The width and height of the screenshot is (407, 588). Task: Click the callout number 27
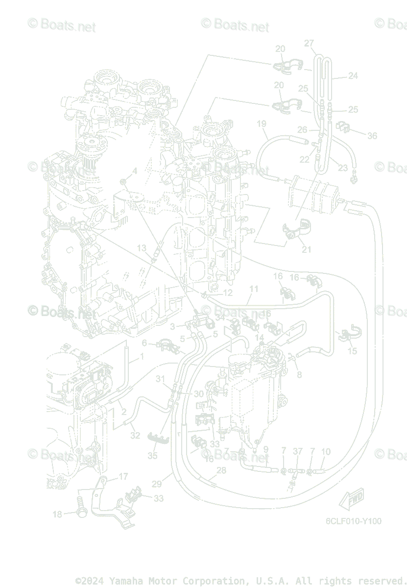tap(309, 43)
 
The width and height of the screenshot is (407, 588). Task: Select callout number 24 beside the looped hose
tap(353, 76)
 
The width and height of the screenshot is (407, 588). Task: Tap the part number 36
tap(372, 136)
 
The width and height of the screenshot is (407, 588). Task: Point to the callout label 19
tap(262, 123)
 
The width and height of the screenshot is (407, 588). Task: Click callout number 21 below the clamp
tap(307, 249)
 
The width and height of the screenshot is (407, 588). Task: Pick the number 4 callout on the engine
tap(134, 171)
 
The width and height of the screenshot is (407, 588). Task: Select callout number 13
tap(142, 248)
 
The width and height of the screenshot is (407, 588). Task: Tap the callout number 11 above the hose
tap(253, 289)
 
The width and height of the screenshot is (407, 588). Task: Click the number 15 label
tap(352, 351)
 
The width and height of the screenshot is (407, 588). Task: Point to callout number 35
tap(153, 456)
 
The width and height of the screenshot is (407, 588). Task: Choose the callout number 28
tap(221, 470)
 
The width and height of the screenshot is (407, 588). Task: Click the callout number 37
tap(298, 451)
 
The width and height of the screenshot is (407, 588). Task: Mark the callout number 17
tap(123, 476)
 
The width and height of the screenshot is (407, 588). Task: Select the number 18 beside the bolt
tap(58, 514)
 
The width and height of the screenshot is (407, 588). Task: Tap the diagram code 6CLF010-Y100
tap(354, 521)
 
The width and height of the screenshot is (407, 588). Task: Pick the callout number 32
tap(135, 435)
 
